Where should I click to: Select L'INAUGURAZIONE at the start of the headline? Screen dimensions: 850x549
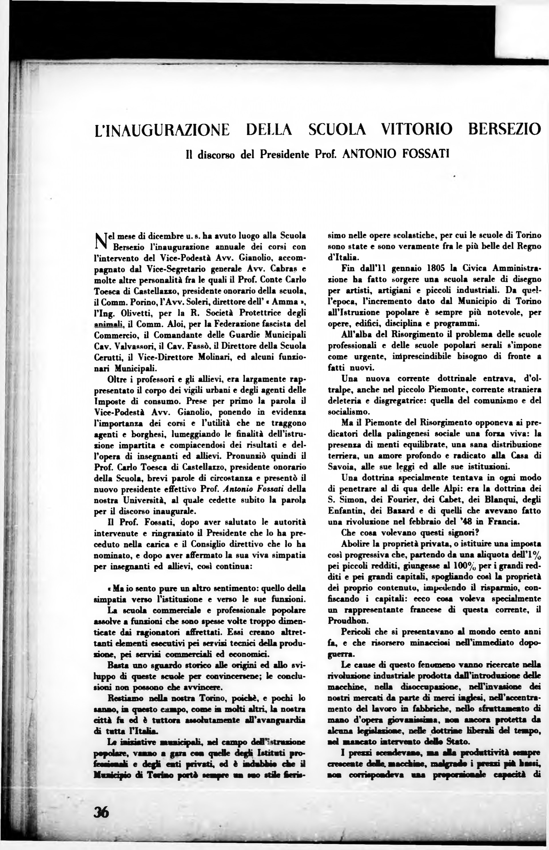(162, 129)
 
